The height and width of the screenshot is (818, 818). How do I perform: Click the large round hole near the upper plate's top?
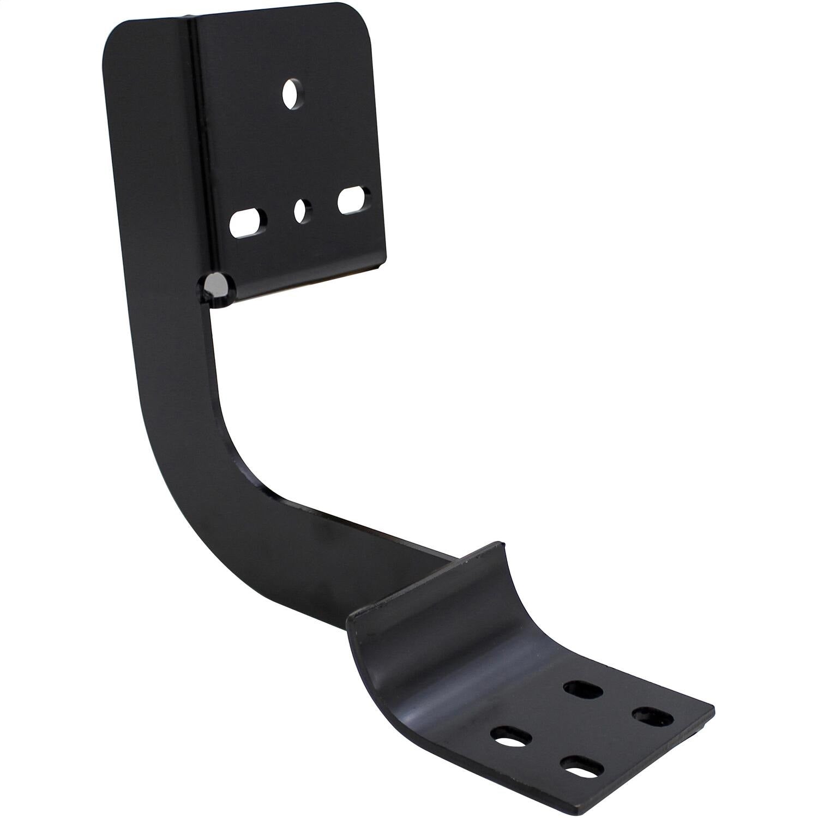pyautogui.click(x=293, y=93)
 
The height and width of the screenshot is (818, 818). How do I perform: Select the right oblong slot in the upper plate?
pyautogui.click(x=354, y=200)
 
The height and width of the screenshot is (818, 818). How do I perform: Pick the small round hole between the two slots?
pyautogui.click(x=302, y=211)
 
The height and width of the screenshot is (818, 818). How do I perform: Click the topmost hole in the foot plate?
pyautogui.click(x=584, y=690)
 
